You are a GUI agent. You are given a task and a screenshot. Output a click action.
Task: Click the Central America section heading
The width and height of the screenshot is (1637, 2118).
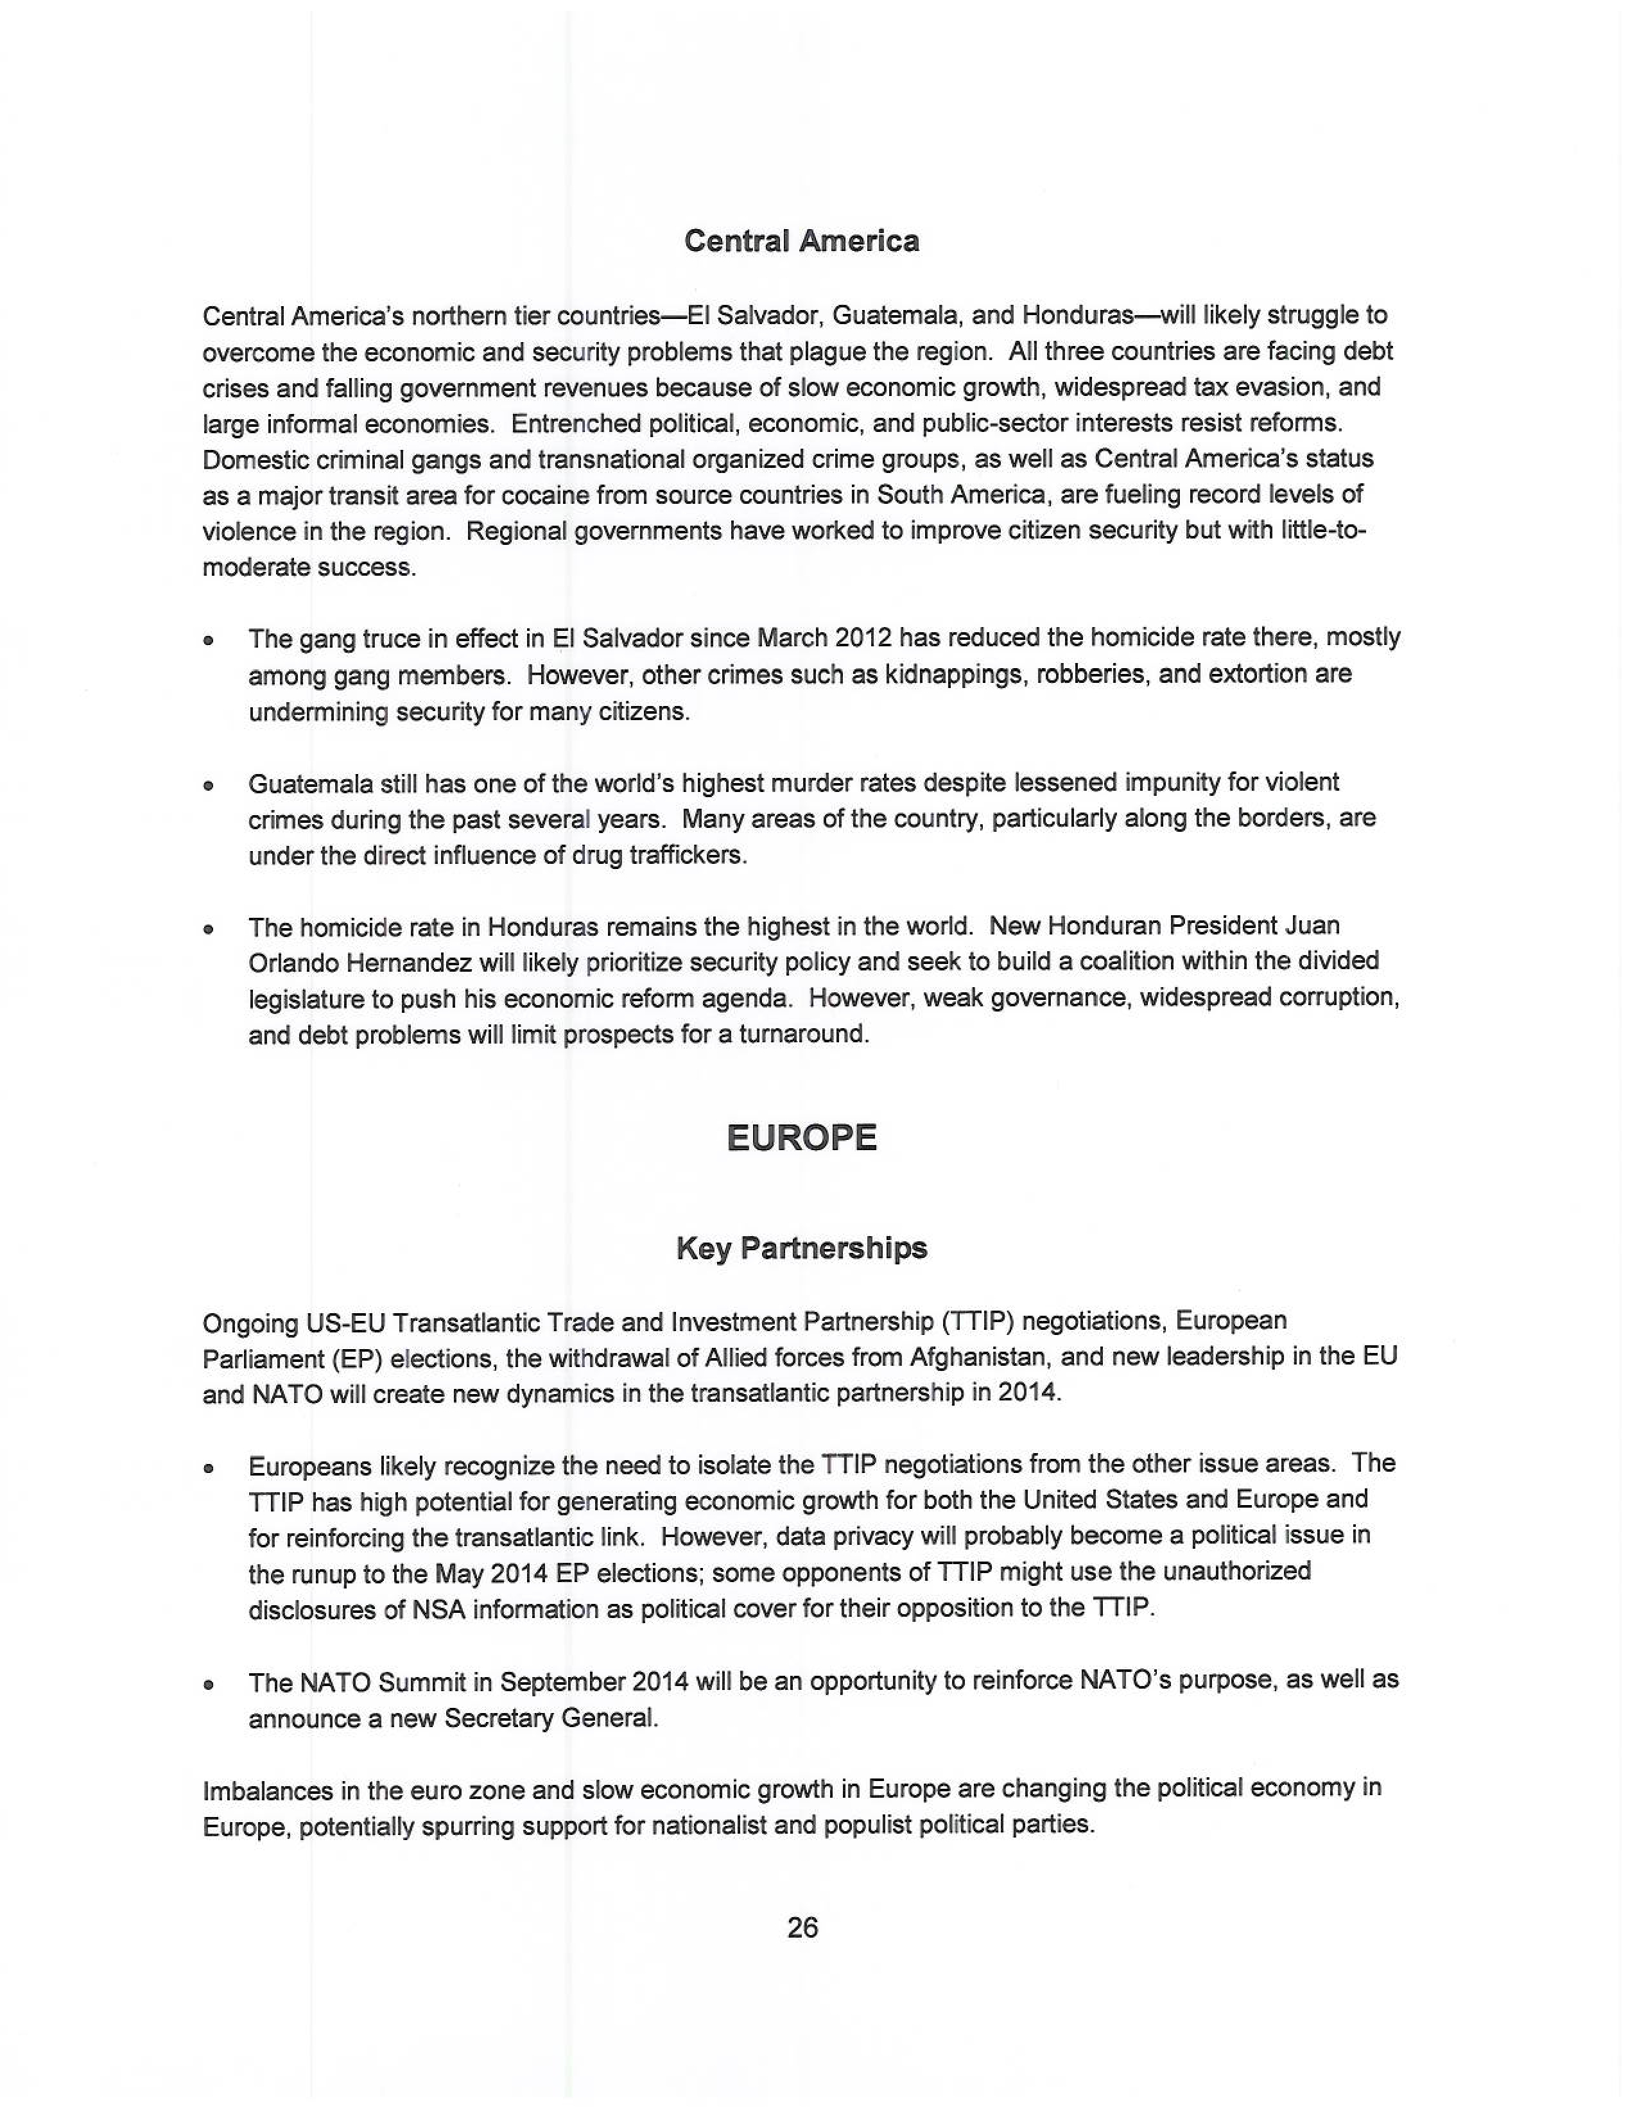[801, 241]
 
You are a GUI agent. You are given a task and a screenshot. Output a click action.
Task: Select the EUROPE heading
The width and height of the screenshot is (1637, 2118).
[801, 1137]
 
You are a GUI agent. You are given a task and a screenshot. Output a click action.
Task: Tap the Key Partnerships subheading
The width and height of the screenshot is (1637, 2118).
[801, 1248]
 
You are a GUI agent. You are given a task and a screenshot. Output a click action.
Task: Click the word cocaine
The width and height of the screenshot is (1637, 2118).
[543, 495]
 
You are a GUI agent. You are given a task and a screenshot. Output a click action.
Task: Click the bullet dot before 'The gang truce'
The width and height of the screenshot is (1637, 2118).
[207, 641]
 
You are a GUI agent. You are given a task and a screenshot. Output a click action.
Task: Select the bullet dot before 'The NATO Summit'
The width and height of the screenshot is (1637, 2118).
[207, 1685]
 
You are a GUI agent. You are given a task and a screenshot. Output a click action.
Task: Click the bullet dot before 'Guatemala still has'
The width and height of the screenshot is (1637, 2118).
[207, 786]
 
